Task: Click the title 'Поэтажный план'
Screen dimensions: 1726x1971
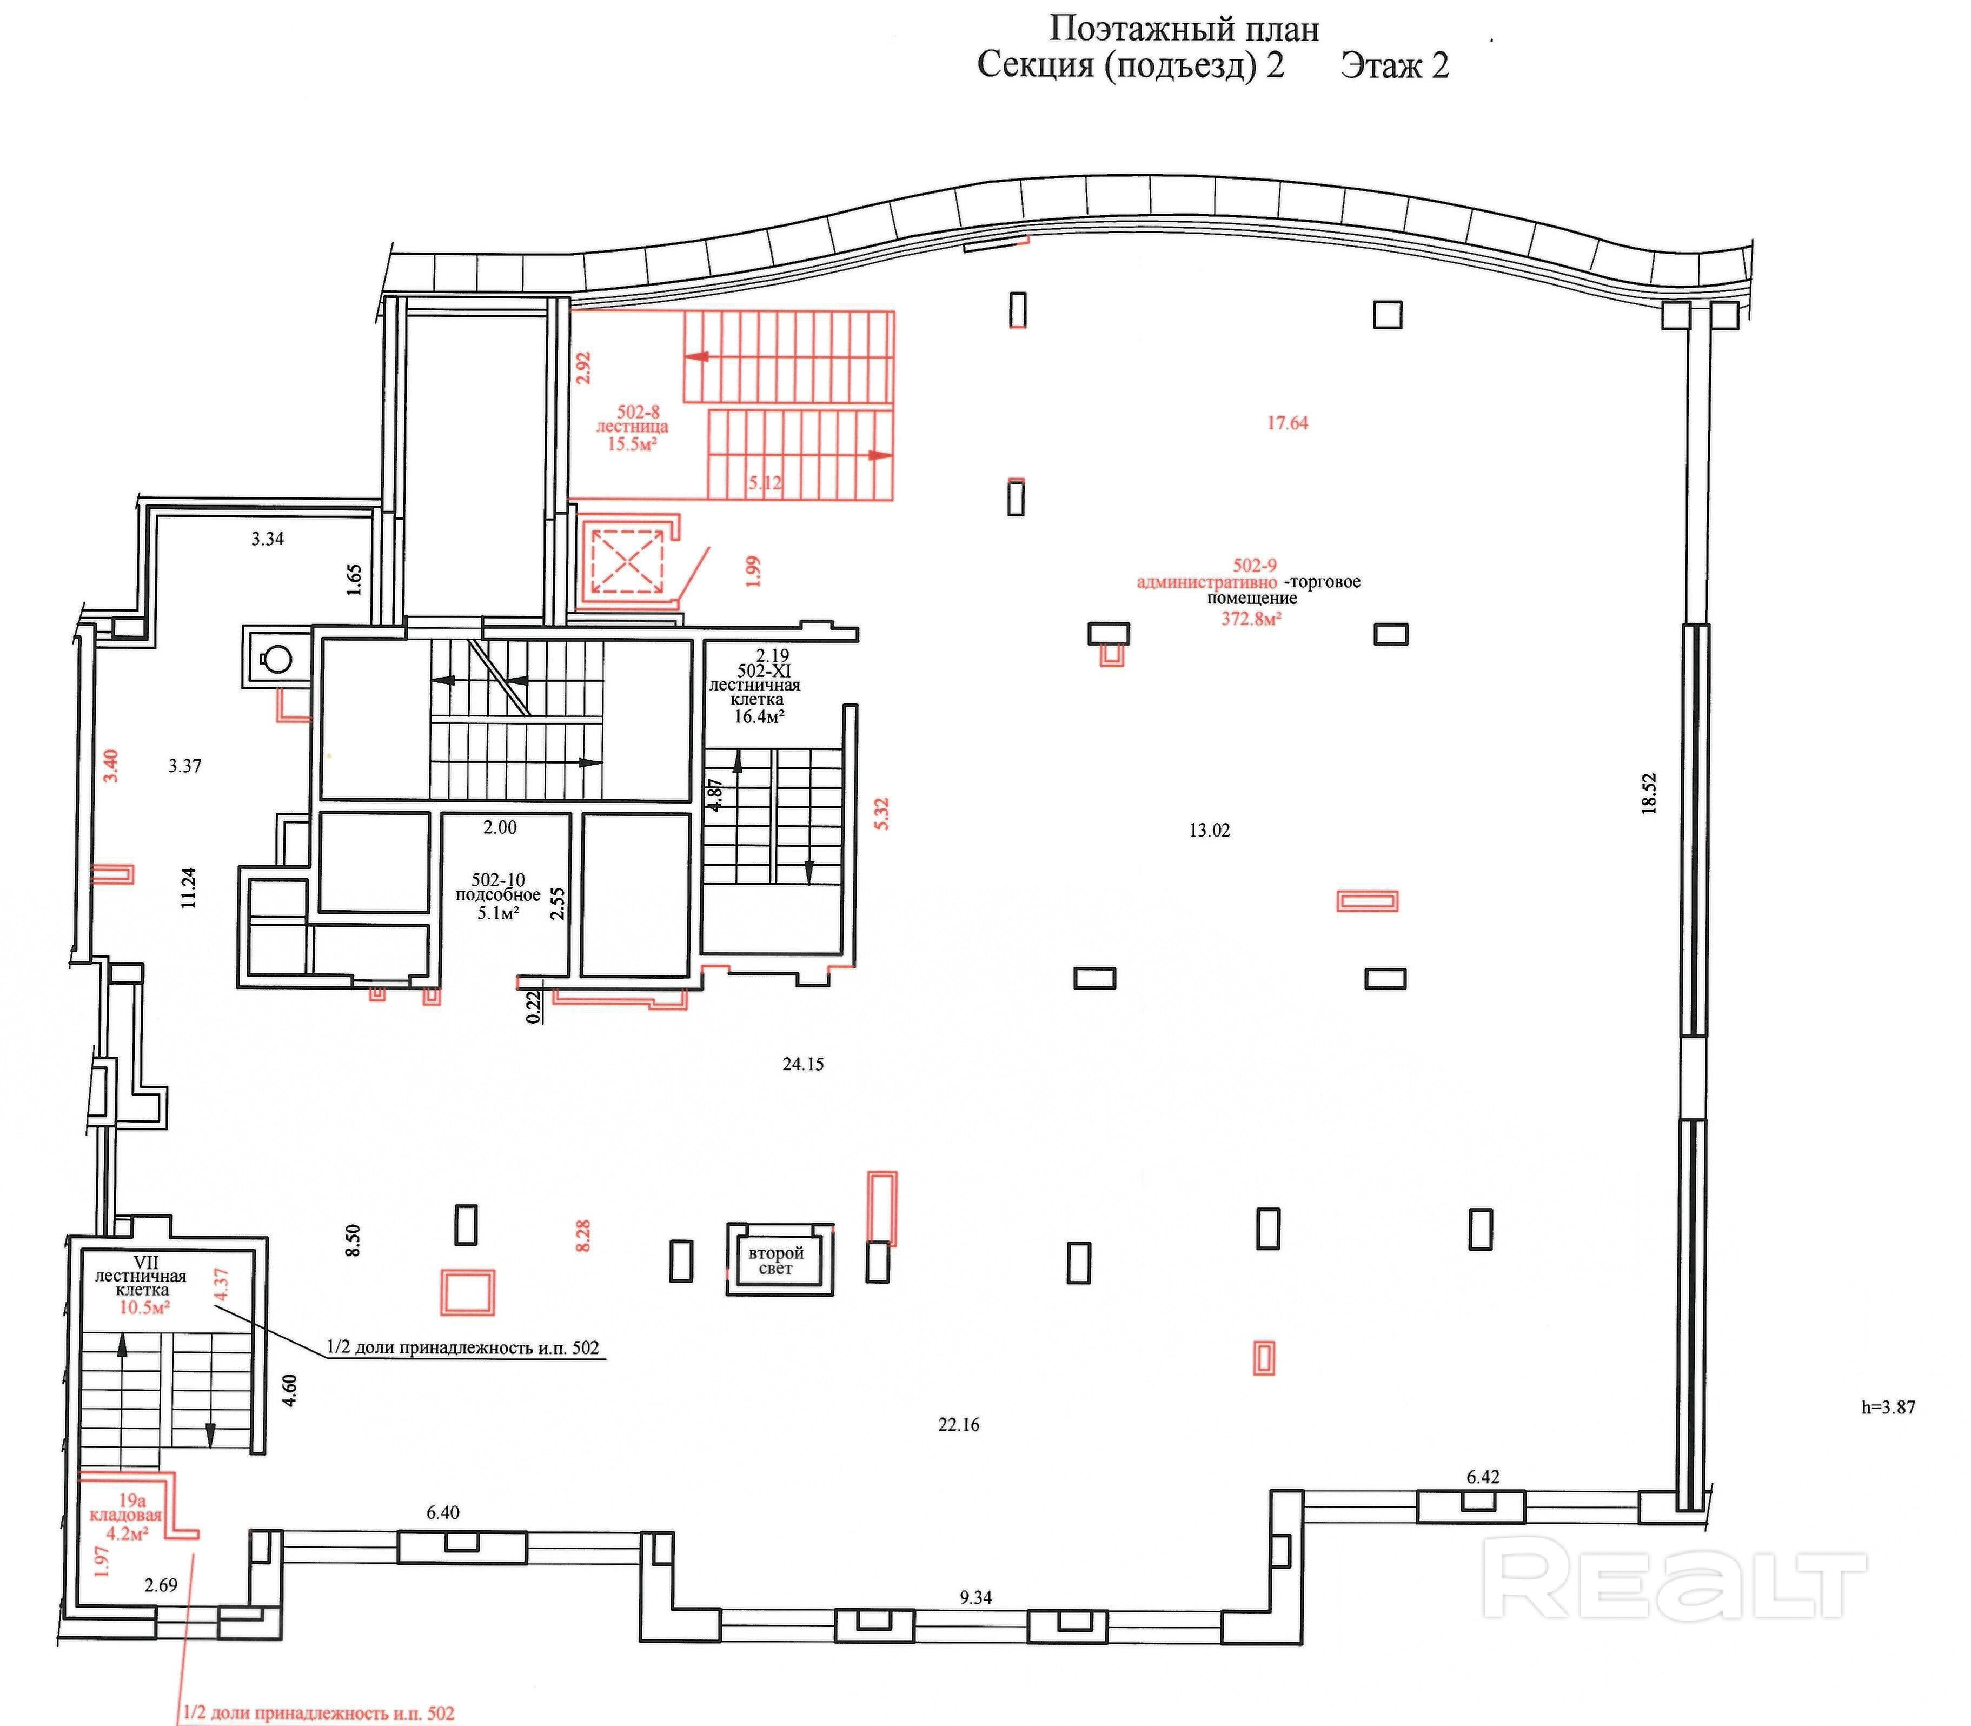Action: coord(1183,29)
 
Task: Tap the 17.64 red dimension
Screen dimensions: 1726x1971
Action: coord(1287,423)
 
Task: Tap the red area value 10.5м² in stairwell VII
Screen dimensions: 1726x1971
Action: coord(144,1307)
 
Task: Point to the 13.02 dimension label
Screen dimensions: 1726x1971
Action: coord(1209,830)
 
